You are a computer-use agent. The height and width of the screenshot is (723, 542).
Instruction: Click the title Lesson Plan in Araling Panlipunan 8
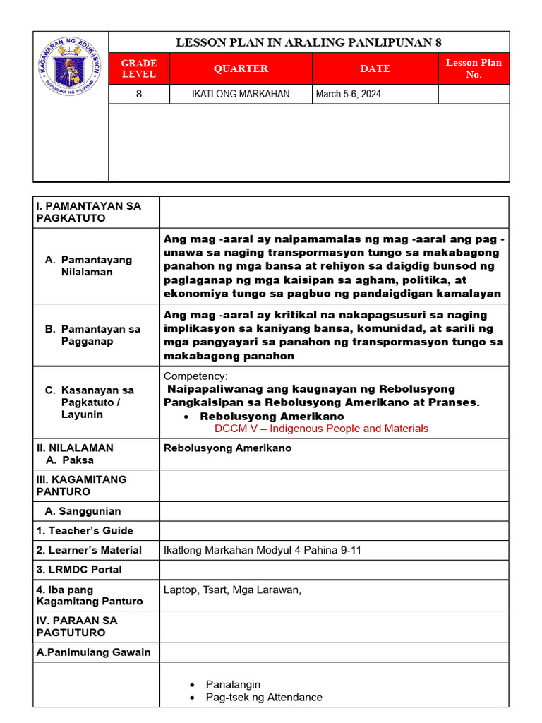tap(308, 42)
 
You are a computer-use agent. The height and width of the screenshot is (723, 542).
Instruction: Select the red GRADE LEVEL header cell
tap(139, 68)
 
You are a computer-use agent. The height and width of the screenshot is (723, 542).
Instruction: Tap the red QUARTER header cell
tap(241, 68)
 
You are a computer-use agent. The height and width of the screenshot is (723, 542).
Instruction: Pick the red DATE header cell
tap(375, 68)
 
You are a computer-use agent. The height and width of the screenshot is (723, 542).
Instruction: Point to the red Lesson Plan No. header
tap(474, 68)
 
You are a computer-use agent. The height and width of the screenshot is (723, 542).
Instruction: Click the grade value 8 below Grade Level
tap(139, 94)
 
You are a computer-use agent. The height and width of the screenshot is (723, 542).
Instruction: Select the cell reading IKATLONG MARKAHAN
tap(241, 94)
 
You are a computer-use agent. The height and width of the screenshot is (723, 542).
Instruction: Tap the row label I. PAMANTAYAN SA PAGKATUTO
tap(88, 212)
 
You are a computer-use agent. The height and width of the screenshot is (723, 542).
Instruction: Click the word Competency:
tap(195, 376)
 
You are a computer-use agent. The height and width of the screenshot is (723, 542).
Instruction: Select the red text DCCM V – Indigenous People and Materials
tap(321, 429)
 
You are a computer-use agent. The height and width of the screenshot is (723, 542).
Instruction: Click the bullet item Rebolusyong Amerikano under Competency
tap(267, 417)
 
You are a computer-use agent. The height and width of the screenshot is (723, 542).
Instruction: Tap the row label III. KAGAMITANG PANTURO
tap(81, 485)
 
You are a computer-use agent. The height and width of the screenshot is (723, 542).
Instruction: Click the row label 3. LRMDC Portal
tap(79, 569)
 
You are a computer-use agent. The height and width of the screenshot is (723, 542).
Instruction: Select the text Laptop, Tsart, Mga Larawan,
tap(232, 590)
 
